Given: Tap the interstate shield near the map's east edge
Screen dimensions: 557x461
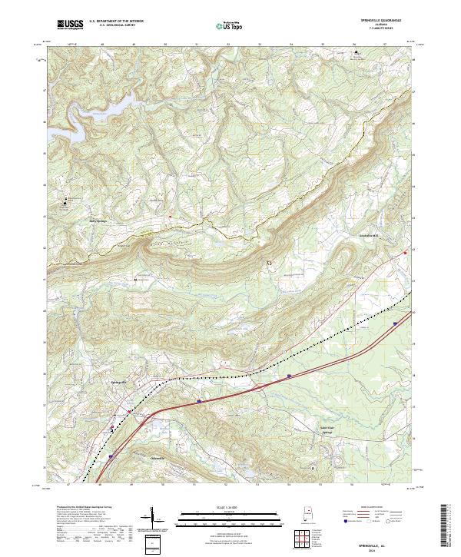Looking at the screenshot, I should [395, 324].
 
